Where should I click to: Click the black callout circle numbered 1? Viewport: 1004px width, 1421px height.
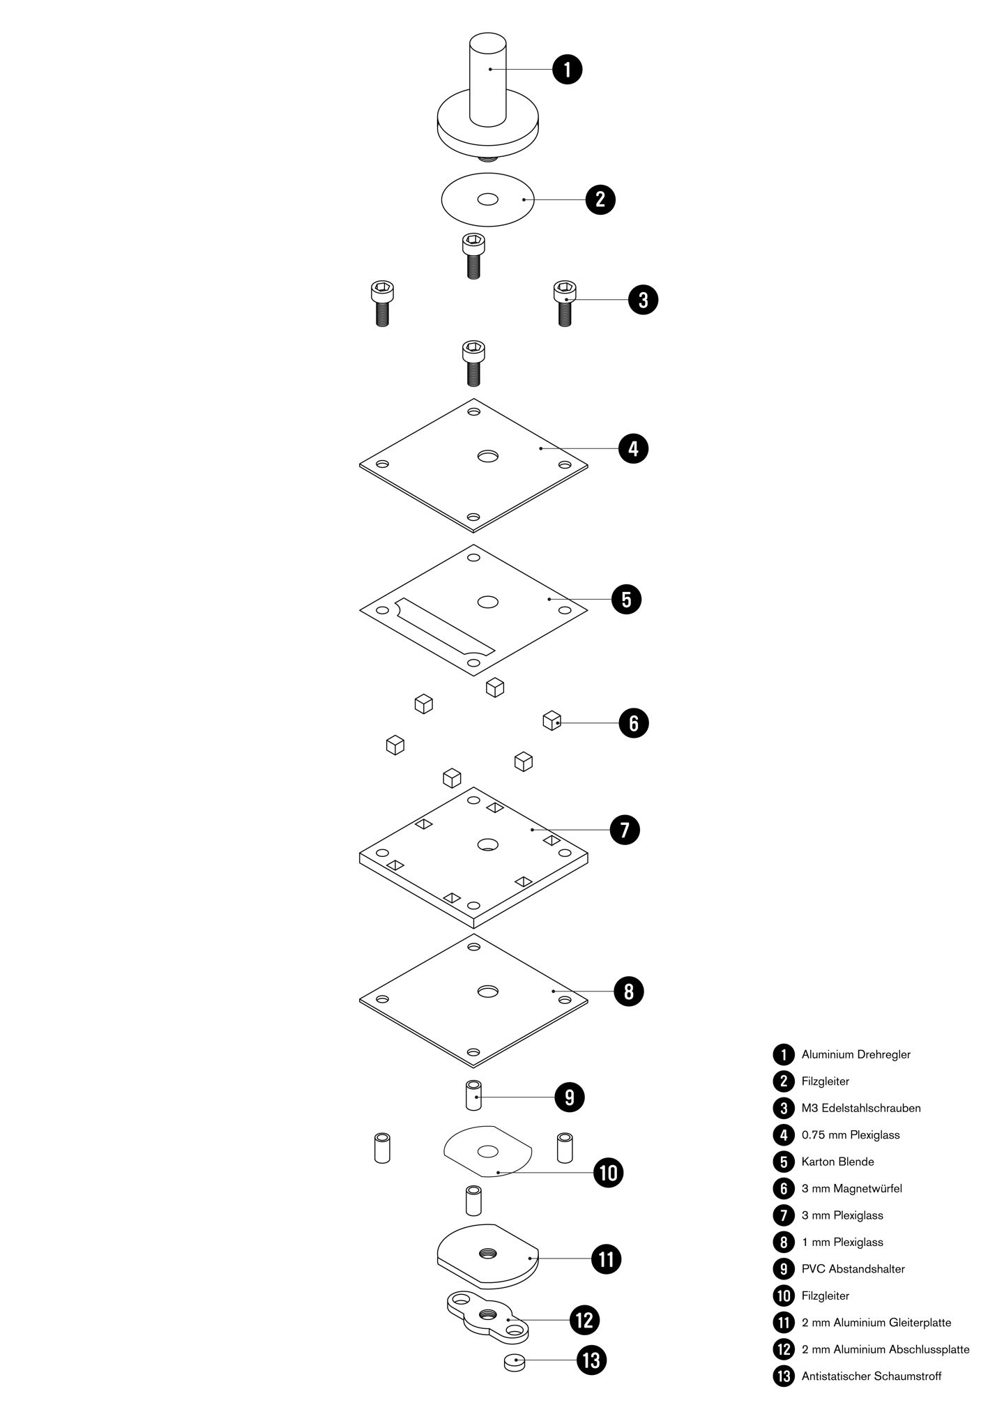[x=567, y=69]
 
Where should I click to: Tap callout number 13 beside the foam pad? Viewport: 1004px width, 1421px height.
[x=591, y=1360]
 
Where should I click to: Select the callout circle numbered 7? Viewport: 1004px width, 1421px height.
[x=624, y=830]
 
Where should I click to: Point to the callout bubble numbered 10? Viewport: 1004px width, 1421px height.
[x=608, y=1172]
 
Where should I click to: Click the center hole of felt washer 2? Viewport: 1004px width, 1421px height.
[x=488, y=199]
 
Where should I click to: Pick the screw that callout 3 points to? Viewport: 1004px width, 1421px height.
[x=565, y=303]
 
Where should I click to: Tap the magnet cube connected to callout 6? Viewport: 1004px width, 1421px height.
[x=552, y=720]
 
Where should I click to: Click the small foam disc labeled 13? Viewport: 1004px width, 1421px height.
[x=515, y=1361]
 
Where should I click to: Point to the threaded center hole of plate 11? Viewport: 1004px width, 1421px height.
[x=487, y=1254]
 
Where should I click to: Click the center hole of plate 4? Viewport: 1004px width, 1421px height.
[x=488, y=456]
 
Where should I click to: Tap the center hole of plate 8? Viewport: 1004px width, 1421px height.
[x=488, y=991]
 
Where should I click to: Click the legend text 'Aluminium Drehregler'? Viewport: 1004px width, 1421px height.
[x=855, y=1054]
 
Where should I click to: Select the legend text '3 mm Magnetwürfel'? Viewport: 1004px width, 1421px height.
[x=851, y=1188]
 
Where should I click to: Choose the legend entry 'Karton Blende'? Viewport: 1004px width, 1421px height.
[x=837, y=1162]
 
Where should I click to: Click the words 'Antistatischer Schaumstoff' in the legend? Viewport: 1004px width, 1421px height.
[x=871, y=1376]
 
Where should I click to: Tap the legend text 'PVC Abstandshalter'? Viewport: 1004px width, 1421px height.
[x=853, y=1269]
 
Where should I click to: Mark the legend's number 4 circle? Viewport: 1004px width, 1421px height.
[x=784, y=1135]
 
